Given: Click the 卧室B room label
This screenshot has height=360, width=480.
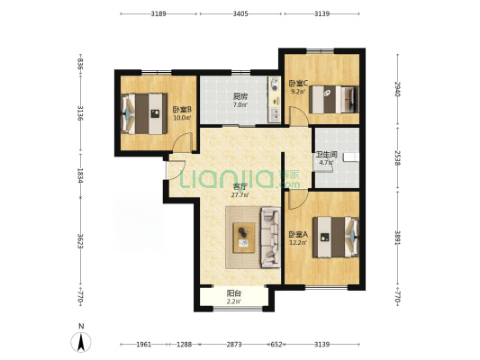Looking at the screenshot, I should coord(182,110).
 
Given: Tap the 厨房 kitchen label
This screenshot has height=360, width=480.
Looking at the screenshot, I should coord(240,96).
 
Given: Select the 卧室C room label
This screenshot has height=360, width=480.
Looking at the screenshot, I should coord(298,84).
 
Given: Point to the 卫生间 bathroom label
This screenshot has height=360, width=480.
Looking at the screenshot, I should coord(325,154).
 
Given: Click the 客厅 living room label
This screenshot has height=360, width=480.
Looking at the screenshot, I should coord(240,186).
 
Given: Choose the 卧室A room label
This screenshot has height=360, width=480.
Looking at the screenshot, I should coord(298,234).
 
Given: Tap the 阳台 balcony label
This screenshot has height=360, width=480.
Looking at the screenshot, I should coord(234,292).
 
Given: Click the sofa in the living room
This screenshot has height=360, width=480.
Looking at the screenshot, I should coord(269,237).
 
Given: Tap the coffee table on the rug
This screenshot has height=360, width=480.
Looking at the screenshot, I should coord(244,236).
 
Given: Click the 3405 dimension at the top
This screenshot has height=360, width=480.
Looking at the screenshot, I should coord(240,14).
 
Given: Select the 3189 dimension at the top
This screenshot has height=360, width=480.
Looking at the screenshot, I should coord(158,14).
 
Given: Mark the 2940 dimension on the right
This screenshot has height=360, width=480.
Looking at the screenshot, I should coord(396,91).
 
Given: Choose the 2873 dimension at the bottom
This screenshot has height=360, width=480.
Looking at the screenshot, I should coord(234,345).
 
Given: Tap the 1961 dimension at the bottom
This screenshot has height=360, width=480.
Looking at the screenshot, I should coord(145,345).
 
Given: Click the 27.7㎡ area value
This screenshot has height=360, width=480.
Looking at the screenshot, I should coord(240,194).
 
